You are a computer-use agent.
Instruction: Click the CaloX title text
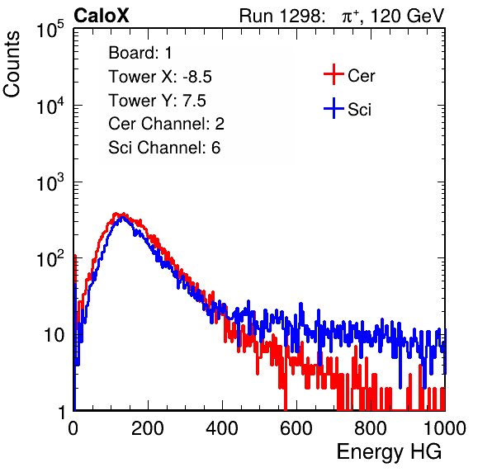coord(102,16)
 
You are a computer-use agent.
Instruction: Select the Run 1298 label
coord(281,16)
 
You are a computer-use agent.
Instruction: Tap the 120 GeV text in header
coord(407,16)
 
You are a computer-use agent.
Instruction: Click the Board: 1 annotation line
coord(140,53)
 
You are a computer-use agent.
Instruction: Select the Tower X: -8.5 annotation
coord(160,77)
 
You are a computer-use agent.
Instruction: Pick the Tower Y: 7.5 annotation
coord(157,101)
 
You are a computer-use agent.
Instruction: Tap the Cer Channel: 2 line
coord(166,124)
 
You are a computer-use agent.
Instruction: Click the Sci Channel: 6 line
coord(164,148)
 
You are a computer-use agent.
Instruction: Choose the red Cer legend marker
coord(334,74)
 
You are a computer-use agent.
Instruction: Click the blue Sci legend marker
coord(334,109)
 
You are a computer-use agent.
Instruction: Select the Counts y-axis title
coord(12,64)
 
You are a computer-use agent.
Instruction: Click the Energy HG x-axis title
coord(389,452)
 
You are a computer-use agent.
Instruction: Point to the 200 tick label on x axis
coord(148,428)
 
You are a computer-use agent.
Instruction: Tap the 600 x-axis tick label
coord(296,428)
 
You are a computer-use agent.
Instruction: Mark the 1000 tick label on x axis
coord(445,428)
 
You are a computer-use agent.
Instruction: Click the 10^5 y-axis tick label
coord(50,30)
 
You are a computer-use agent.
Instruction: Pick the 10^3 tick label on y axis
coord(50,182)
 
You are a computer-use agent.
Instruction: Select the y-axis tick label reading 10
coord(54,335)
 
